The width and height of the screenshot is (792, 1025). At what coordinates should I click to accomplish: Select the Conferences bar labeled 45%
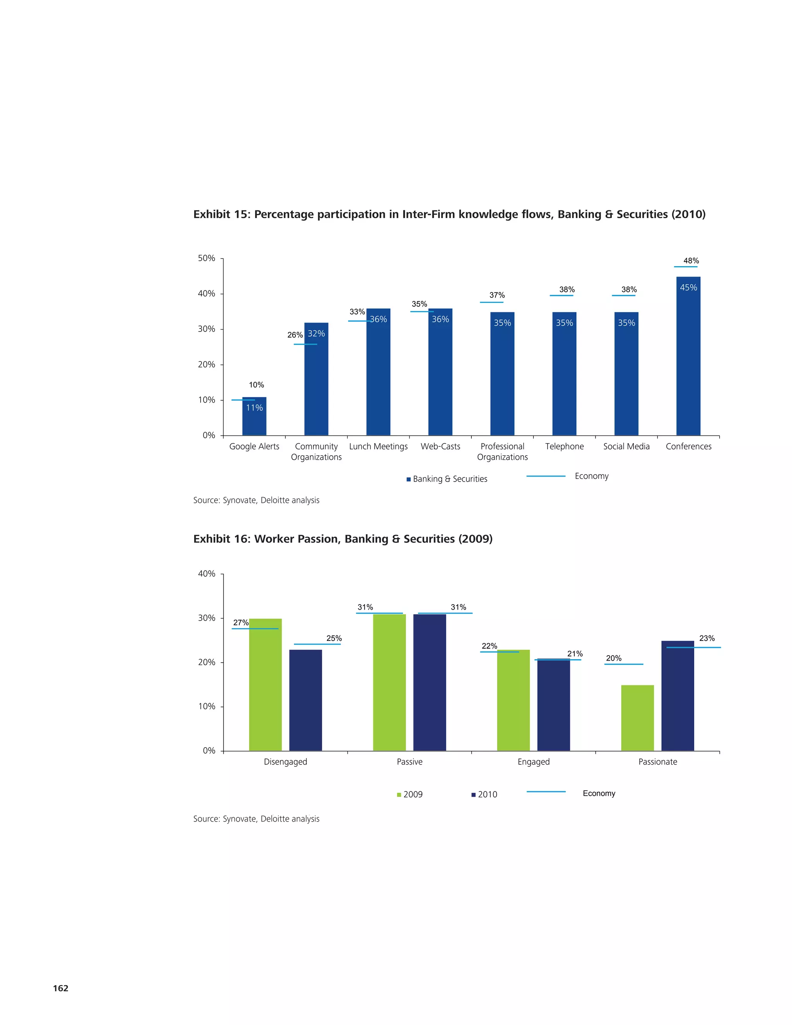pos(688,357)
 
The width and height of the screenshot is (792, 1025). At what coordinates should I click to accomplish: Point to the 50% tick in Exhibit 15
pos(207,258)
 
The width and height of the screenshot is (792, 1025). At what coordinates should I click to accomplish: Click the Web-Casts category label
pos(440,446)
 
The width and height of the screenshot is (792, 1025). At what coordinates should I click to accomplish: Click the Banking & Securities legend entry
pos(447,479)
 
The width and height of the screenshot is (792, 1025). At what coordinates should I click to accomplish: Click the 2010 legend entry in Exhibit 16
pos(484,794)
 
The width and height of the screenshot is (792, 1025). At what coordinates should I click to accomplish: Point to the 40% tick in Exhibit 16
pos(207,574)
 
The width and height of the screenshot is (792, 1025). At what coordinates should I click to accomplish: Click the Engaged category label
pos(533,762)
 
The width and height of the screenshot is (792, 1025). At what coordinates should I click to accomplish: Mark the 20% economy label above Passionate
pos(613,658)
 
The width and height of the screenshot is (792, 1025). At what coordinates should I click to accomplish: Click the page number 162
pos(61,988)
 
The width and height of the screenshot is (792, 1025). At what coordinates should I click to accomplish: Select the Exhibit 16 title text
pos(343,539)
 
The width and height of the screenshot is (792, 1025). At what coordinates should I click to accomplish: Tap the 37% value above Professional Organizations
pos(497,295)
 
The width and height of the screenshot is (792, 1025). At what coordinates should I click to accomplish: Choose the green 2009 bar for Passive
pos(389,682)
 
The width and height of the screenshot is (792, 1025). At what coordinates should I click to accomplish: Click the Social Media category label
pos(626,446)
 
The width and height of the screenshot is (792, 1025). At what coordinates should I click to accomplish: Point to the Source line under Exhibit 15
pos(256,500)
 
